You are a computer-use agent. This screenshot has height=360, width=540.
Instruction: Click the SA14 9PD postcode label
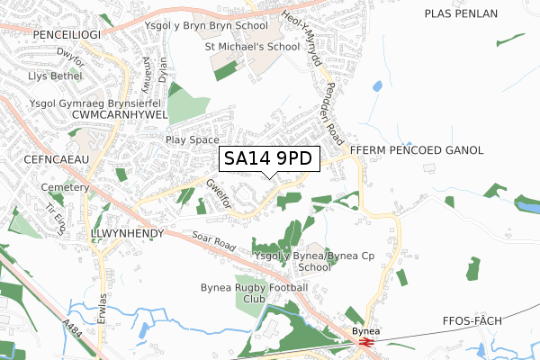click(268, 158)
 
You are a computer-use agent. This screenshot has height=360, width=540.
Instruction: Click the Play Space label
click(192, 140)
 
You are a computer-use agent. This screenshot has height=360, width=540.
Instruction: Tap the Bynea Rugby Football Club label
click(254, 293)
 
